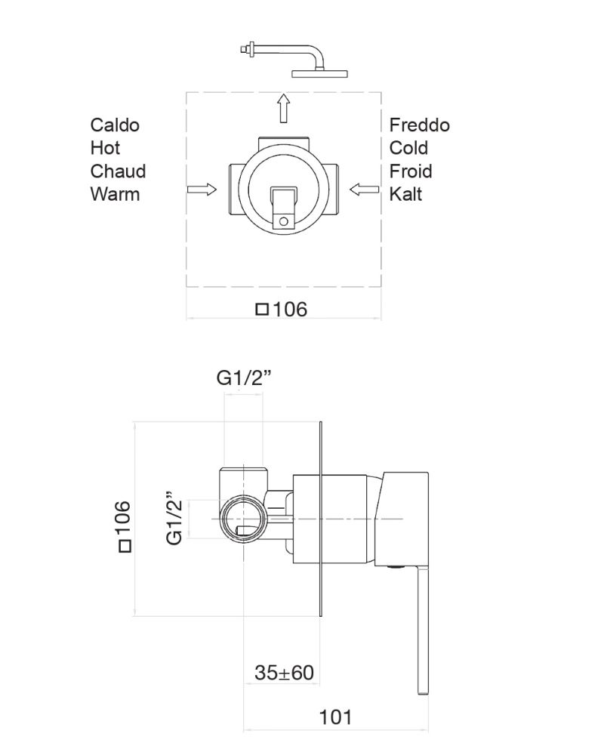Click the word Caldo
pyautogui.click(x=115, y=125)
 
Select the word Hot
pyautogui.click(x=105, y=148)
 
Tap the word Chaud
pyautogui.click(x=118, y=171)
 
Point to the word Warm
pyautogui.click(x=115, y=194)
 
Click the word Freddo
pyautogui.click(x=419, y=125)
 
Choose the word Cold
pyautogui.click(x=408, y=148)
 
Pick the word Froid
pyautogui.click(x=410, y=171)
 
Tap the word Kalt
pyautogui.click(x=405, y=194)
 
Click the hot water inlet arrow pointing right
pyautogui.click(x=202, y=190)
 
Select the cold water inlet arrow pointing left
pyautogui.click(x=365, y=190)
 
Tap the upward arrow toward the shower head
pyautogui.click(x=283, y=108)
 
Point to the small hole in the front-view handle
pyautogui.click(x=283, y=221)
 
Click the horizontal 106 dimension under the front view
pyautogui.click(x=282, y=309)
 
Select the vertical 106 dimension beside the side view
pyautogui.click(x=123, y=525)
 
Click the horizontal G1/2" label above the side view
pyautogui.click(x=245, y=378)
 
